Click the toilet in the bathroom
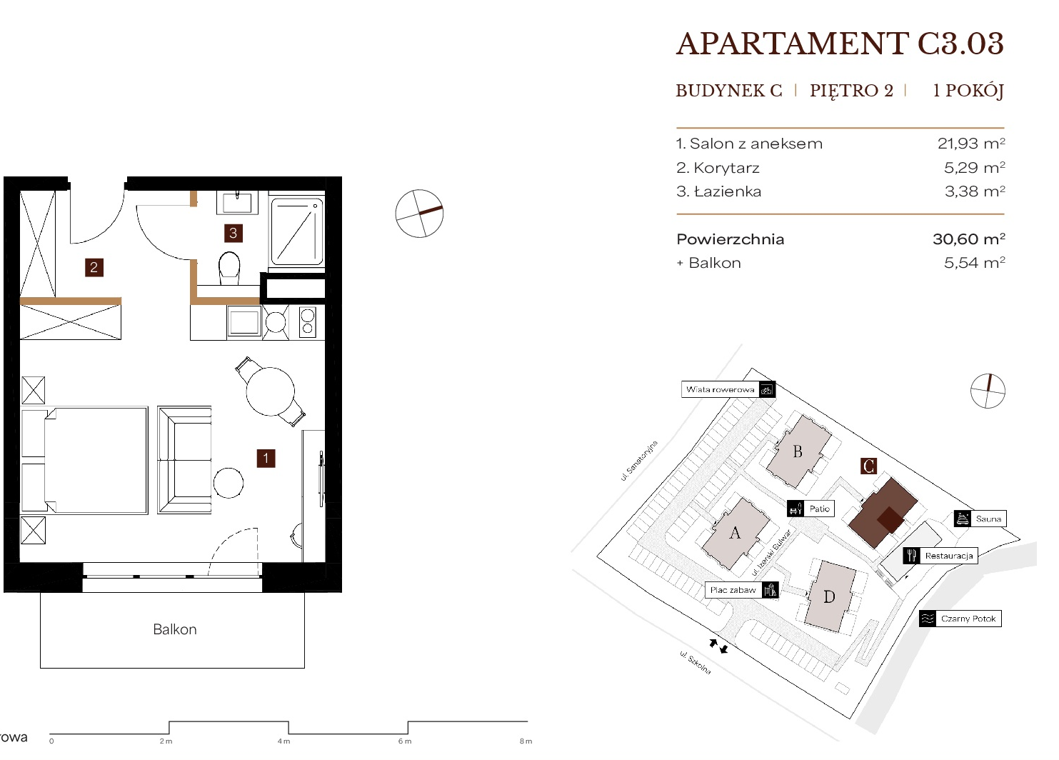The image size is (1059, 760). coord(229,268)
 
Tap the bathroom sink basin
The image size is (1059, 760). coord(237,203)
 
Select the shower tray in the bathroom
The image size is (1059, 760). coord(297,231)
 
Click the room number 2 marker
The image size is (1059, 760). coord(94,267)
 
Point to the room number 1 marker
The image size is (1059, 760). coord(266,459)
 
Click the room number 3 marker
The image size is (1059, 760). coord(233,233)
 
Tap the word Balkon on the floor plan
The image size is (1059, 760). coord(175,629)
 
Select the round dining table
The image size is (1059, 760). coord(271,391)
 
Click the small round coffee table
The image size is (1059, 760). coord(229,483)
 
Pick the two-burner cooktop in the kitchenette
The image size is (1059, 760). coord(307,322)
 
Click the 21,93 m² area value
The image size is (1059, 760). coord(971,143)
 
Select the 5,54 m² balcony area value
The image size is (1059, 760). coord(974,262)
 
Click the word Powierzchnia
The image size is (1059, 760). coord(731,239)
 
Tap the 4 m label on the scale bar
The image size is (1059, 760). coord(283,741)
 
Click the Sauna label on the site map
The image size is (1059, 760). coord(988,519)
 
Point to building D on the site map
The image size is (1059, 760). coord(830,596)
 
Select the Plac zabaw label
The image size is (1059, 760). coord(733,590)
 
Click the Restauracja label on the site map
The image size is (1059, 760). coord(949,556)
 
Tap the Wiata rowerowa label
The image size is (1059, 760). coord(720,389)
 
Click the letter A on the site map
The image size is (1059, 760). coord(734,533)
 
